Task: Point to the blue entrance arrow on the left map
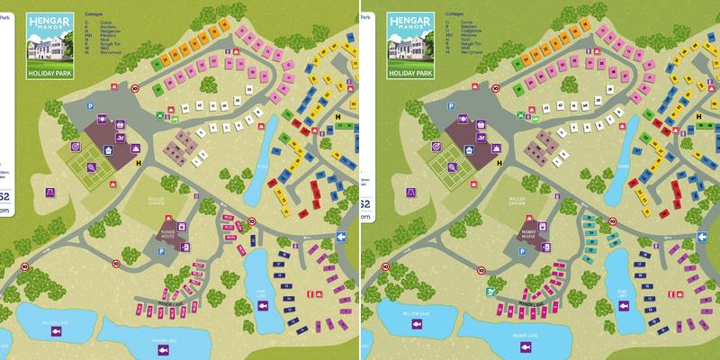pos(341,238)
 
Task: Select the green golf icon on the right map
pos(490,292)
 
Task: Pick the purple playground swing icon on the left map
pos(50,191)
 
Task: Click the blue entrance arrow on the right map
pos(701,238)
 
